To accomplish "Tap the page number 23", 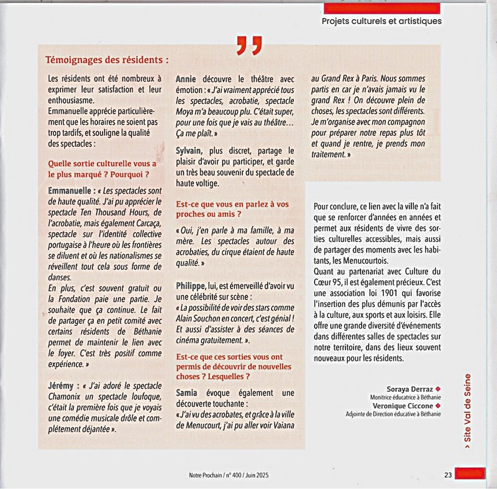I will [447, 475].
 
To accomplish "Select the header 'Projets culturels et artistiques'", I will [382, 20].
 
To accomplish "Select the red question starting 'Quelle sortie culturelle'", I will [103, 168].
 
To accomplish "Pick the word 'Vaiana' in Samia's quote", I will [278, 426].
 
